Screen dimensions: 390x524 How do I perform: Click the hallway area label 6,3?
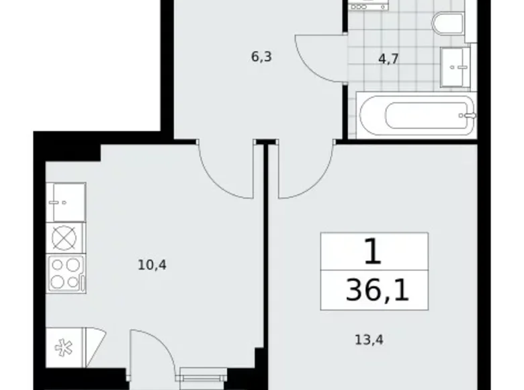coord(261,56)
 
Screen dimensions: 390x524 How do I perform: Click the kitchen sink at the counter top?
coord(67,201)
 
